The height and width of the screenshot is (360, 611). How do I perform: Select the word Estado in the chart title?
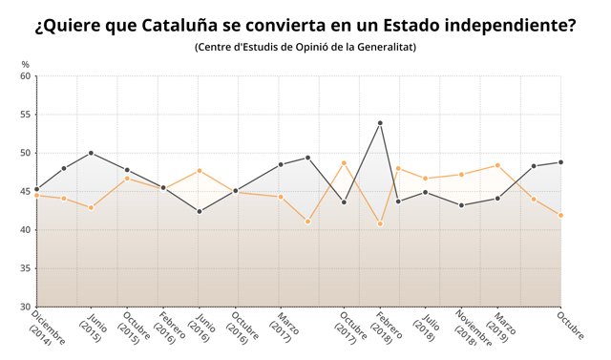pos(407,26)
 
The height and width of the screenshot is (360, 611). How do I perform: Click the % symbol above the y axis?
pos(25,64)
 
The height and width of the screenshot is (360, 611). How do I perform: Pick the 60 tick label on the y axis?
pos(25,76)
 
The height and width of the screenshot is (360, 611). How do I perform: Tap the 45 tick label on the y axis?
pos(25,191)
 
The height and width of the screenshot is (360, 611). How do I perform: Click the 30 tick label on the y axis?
pos(25,307)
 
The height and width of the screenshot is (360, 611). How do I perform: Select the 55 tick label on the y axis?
pos(25,115)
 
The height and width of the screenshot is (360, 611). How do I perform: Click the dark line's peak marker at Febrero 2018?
pos(380,122)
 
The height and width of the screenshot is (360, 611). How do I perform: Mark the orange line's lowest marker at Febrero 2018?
pos(380,223)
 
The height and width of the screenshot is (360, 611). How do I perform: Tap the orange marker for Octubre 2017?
pos(344,163)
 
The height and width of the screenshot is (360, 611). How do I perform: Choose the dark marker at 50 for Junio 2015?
pos(91,153)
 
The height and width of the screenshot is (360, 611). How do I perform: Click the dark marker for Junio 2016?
pos(199,211)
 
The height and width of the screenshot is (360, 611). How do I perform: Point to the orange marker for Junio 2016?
pos(199,170)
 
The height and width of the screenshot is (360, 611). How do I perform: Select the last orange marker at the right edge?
pos(560,215)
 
